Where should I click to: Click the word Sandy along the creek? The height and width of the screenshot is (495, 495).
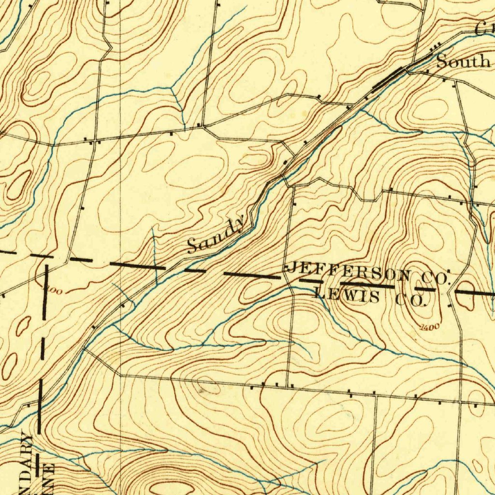click(x=216, y=236)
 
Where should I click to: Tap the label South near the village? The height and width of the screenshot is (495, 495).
click(x=463, y=62)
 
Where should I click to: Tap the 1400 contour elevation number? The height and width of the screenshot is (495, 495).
click(x=429, y=328)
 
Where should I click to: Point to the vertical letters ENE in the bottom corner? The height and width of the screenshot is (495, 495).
click(x=48, y=479)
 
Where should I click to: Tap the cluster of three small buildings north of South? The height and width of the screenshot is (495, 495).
click(x=436, y=46)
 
